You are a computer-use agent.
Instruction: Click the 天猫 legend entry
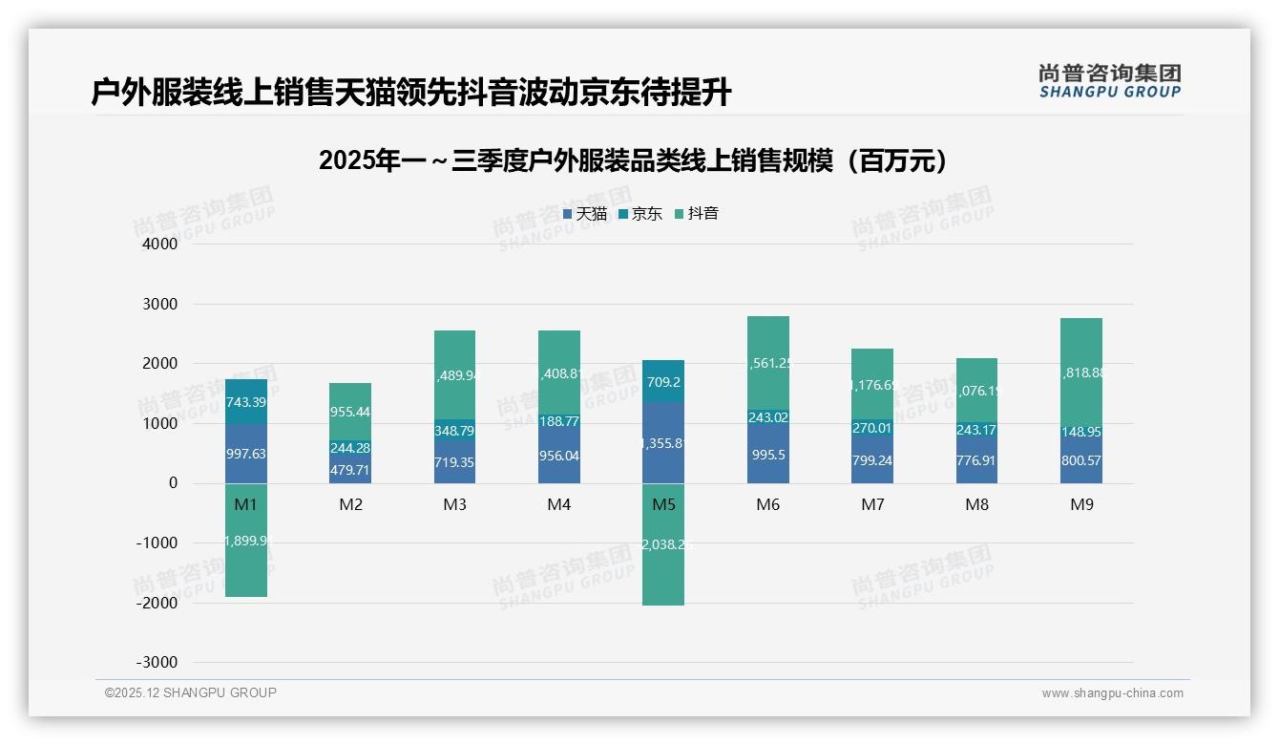click(585, 214)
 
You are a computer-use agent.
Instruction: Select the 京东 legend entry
click(640, 214)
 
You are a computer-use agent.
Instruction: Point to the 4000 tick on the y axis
click(160, 245)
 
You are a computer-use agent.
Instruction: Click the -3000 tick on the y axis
click(157, 663)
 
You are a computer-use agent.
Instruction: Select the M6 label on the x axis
click(767, 505)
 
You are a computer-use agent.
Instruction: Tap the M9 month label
click(1081, 505)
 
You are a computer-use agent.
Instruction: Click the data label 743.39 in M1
click(246, 402)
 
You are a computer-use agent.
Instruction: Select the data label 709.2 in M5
click(663, 382)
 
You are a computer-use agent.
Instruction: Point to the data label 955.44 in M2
click(350, 413)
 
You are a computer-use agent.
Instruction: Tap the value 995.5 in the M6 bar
click(767, 455)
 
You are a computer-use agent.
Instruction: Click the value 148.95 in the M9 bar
click(1081, 432)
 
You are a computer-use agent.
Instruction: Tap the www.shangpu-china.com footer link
click(1112, 693)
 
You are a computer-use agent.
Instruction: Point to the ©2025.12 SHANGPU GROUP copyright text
click(191, 692)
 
